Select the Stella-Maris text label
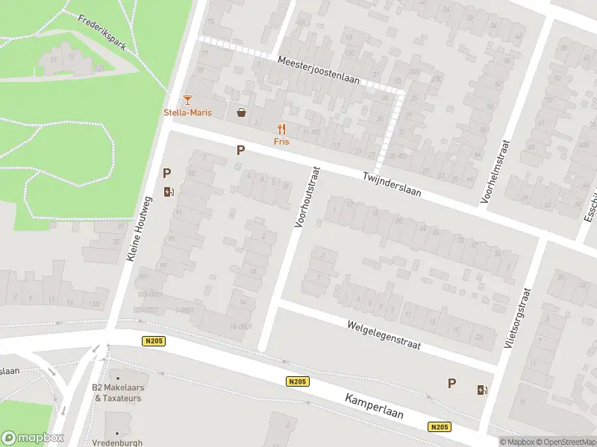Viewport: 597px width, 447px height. click(187, 112)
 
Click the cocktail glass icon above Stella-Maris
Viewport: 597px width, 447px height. click(187, 100)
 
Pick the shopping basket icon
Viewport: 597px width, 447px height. click(242, 113)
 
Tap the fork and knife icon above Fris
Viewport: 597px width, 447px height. click(281, 129)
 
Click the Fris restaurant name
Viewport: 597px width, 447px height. click(281, 141)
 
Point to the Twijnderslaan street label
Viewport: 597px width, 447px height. click(392, 185)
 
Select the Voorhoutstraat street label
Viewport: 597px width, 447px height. click(307, 197)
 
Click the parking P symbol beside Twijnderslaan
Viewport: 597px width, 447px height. click(240, 150)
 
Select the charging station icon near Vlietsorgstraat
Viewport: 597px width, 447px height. click(483, 389)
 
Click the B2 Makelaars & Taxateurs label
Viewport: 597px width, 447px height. click(119, 393)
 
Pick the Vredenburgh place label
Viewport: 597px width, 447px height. click(117, 442)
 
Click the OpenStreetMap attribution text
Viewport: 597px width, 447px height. click(564, 442)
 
